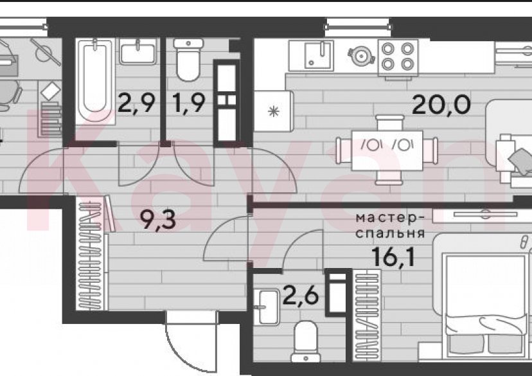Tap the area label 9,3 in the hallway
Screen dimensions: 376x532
pos(158,222)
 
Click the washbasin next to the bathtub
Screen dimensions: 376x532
pos(136,51)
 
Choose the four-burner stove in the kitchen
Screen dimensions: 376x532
pos(398,55)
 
